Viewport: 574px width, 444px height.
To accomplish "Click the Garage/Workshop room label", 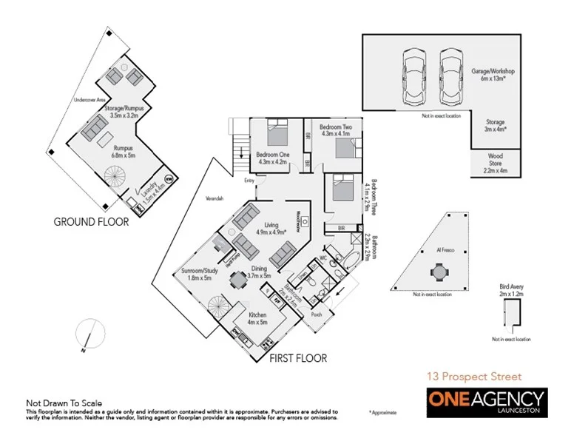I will coord(493,75).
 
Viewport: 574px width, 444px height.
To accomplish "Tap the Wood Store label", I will coord(495,163).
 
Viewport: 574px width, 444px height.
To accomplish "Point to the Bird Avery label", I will coord(510,290).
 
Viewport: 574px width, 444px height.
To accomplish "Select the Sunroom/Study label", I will coord(197,275).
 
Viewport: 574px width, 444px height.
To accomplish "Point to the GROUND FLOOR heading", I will coord(91,221).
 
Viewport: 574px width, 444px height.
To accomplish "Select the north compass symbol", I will coord(89,334).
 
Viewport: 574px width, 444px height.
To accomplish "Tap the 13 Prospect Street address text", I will coord(473,377).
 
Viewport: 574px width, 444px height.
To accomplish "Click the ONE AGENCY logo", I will coord(486,404).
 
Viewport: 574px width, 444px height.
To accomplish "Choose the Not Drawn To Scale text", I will coord(64,403).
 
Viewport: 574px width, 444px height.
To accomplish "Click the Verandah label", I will coord(214,199).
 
